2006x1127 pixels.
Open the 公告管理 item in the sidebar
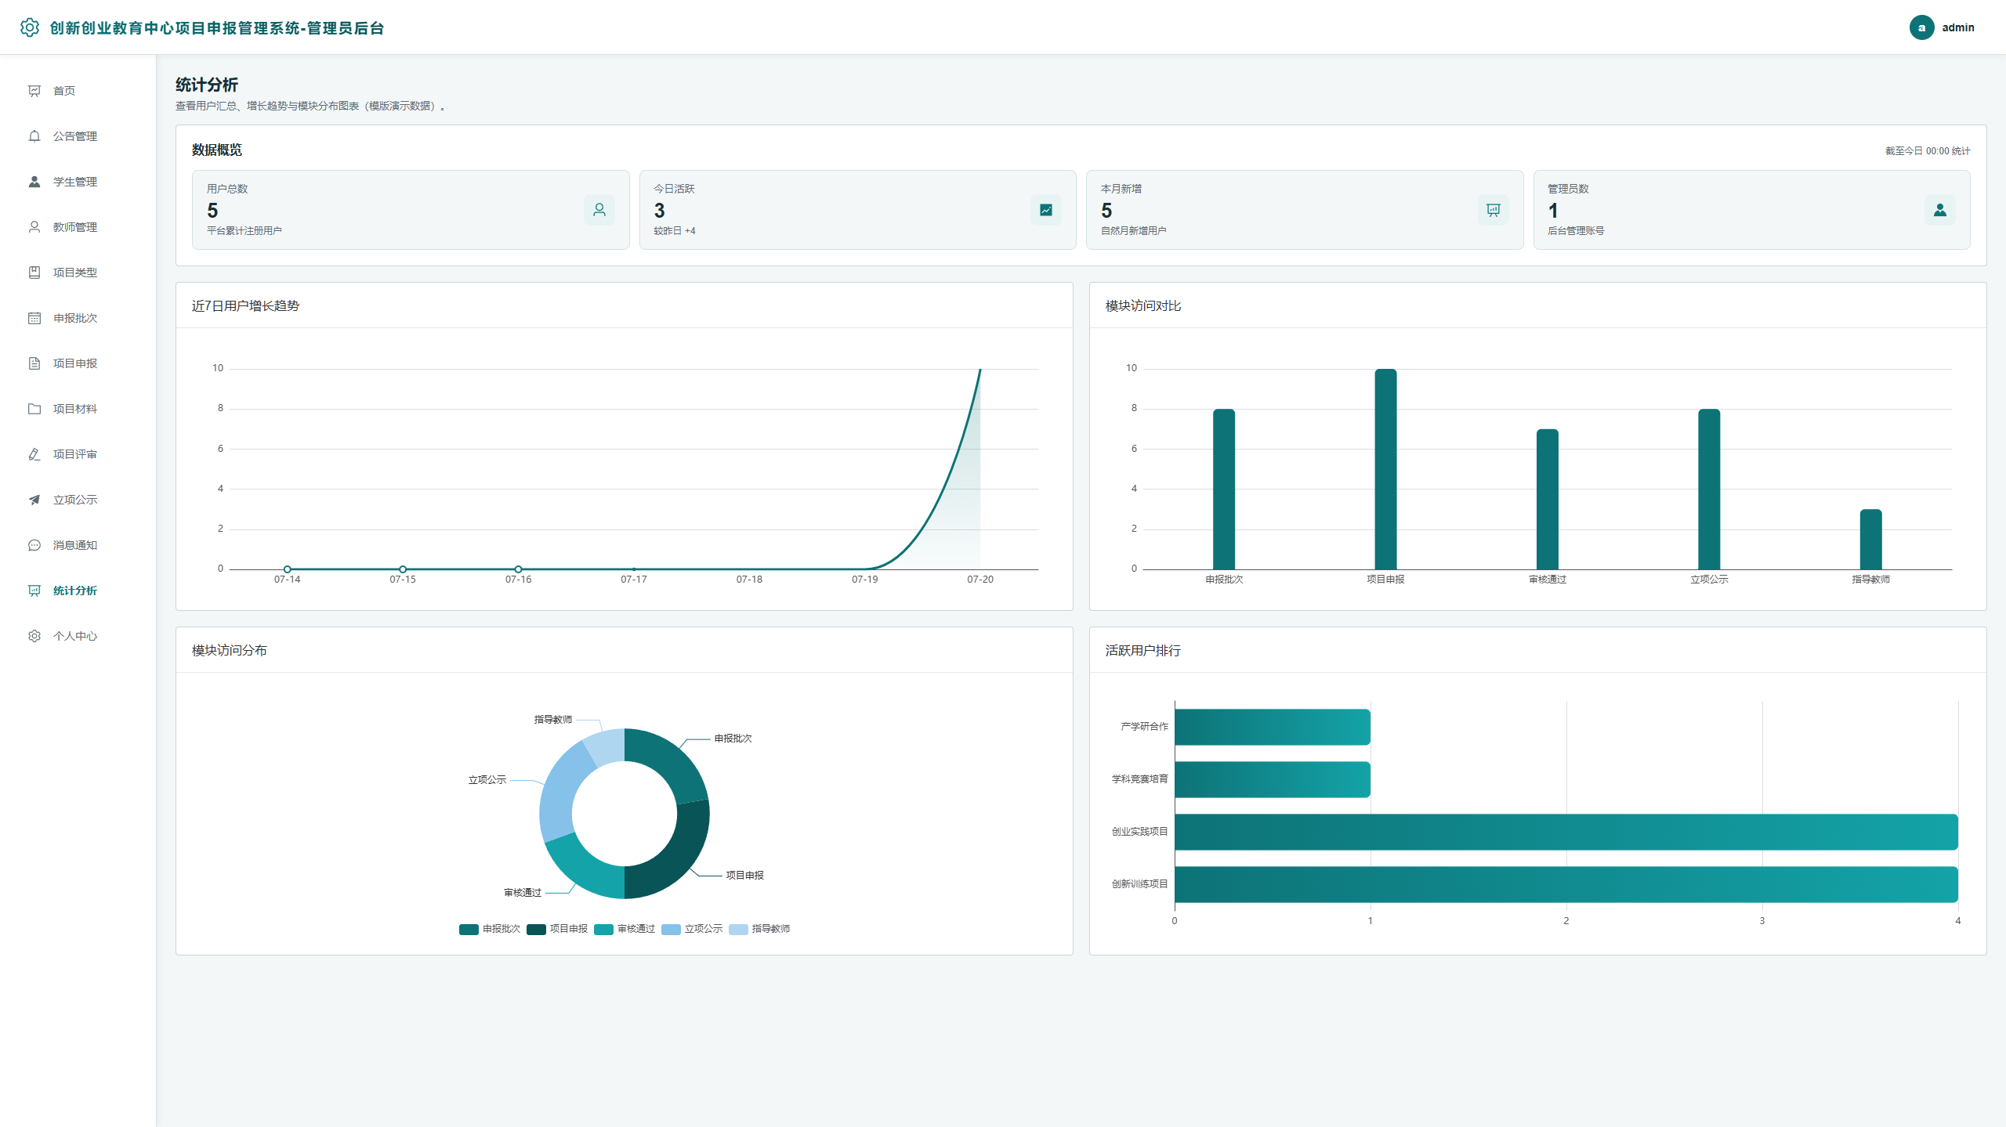(74, 136)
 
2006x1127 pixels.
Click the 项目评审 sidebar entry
(74, 454)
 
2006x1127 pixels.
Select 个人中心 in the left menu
(74, 636)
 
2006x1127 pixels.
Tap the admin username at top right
(1957, 27)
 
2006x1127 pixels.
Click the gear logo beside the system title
(30, 27)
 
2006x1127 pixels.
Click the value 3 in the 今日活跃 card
(659, 211)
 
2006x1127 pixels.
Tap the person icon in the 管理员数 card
(1939, 210)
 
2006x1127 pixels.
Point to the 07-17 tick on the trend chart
(633, 579)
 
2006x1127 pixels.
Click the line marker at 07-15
(403, 569)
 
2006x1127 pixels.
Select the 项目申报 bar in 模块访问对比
(1385, 469)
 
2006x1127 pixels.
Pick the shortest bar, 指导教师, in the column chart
(1870, 540)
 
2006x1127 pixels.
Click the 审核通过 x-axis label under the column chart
(1547, 580)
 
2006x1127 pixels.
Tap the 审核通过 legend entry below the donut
(625, 929)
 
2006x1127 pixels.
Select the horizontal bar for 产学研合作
(1272, 727)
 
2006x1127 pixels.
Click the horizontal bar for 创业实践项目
(1566, 832)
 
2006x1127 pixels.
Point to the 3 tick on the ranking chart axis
(1762, 921)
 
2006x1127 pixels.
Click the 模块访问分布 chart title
(229, 650)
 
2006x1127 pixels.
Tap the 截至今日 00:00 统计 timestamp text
(1927, 151)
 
